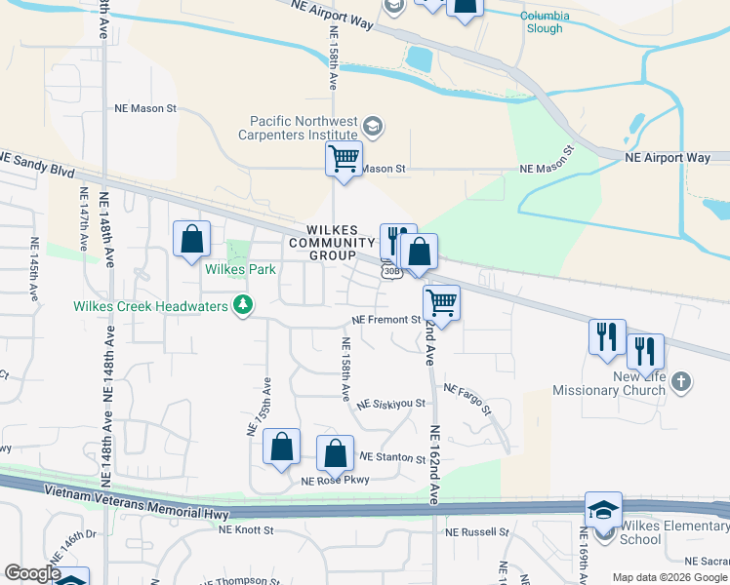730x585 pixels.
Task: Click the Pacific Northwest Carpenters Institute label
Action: pyautogui.click(x=298, y=128)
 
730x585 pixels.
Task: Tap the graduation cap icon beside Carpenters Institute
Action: pyautogui.click(x=373, y=127)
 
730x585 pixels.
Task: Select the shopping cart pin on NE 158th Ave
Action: pyautogui.click(x=344, y=158)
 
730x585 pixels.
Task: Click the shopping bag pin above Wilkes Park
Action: pyautogui.click(x=191, y=239)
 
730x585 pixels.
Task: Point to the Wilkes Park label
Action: pyautogui.click(x=240, y=269)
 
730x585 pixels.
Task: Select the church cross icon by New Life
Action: pyautogui.click(x=682, y=381)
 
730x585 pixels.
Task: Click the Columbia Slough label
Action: pyautogui.click(x=541, y=22)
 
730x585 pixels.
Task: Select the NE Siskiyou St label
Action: pyautogui.click(x=391, y=403)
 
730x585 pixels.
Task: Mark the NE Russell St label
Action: pyautogui.click(x=476, y=532)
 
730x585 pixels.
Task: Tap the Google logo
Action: pyautogui.click(x=32, y=573)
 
